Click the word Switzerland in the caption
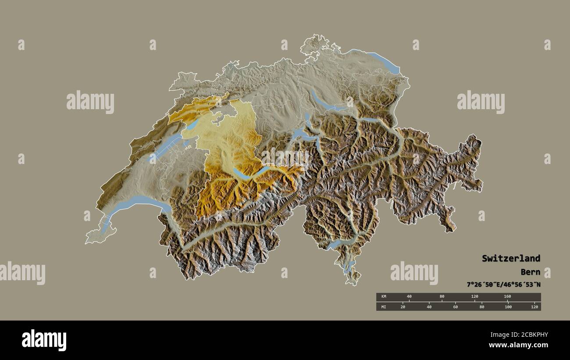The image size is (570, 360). (511, 258)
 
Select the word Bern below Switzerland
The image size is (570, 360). (531, 272)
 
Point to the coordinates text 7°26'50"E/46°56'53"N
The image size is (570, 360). (503, 285)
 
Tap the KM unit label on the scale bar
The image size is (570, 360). (383, 297)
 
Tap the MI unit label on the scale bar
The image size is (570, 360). (383, 307)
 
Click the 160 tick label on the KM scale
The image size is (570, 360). (507, 297)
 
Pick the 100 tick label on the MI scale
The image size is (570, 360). (508, 307)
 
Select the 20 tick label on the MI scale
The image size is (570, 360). (403, 307)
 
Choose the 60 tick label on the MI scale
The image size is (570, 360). (456, 307)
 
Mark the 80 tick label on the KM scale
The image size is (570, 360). (442, 297)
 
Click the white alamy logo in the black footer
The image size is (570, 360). (44, 340)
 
